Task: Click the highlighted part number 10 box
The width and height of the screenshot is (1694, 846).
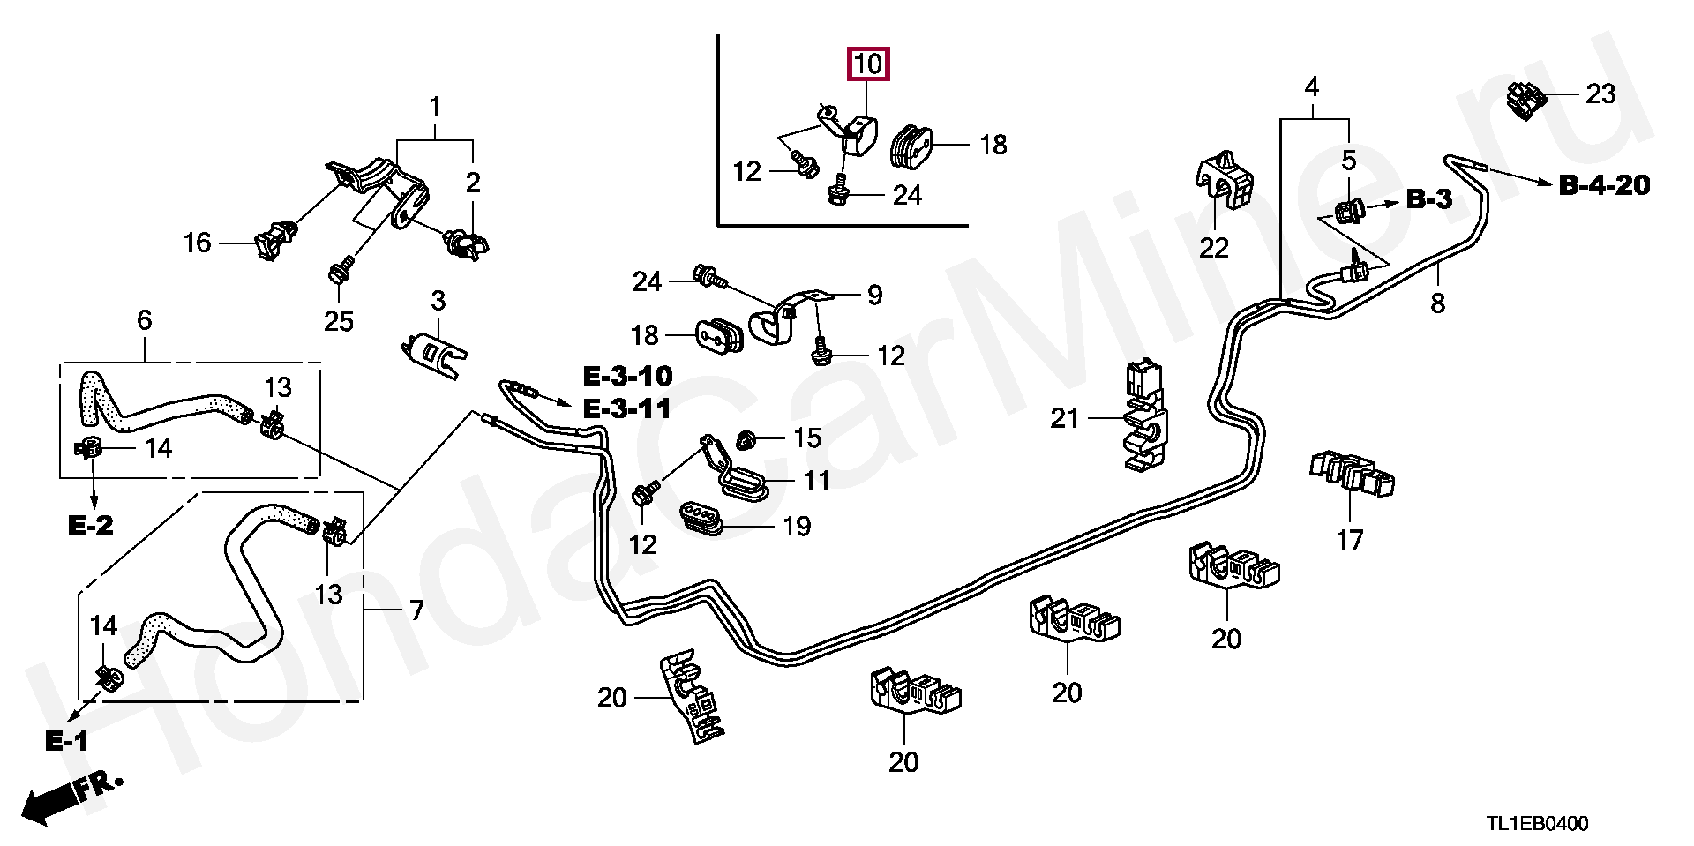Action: [868, 64]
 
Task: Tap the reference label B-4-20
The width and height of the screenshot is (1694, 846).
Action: [1604, 184]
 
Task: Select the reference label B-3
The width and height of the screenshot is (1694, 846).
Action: [1428, 199]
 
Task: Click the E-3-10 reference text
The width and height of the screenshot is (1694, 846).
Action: [627, 376]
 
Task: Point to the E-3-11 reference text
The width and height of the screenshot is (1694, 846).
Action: [627, 408]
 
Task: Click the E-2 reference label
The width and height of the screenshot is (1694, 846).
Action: [91, 526]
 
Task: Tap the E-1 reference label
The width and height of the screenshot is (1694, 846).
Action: [67, 741]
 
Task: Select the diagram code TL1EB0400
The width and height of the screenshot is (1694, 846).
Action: [1537, 824]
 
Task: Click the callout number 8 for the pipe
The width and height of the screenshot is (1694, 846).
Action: [1437, 303]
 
